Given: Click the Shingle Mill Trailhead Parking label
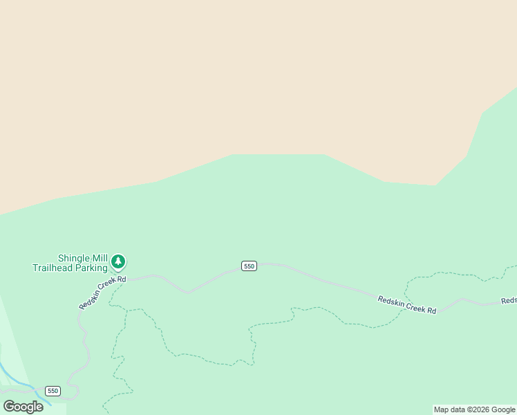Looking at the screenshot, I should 70,263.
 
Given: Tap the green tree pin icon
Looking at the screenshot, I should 119,261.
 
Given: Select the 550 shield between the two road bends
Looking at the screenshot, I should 250,266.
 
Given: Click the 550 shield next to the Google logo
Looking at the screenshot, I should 53,391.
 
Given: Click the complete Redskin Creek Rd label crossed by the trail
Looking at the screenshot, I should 407,305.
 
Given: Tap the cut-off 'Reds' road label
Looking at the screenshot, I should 509,301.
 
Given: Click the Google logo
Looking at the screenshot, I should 23,407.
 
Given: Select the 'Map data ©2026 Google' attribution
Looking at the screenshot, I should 475,409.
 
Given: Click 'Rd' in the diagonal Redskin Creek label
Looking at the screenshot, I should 122,280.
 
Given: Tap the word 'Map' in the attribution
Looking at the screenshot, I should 442,409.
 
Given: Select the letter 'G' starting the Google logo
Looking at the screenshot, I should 9,407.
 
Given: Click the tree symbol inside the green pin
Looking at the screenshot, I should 119,261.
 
